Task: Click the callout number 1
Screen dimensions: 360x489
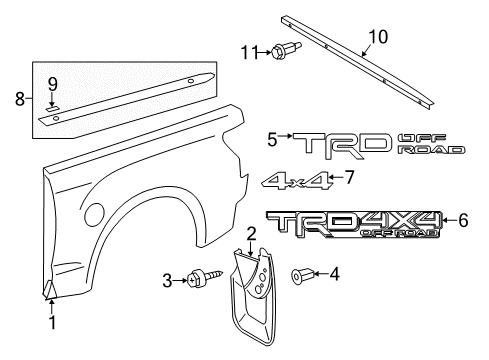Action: [x=53, y=323]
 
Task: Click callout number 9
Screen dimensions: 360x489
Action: [x=53, y=82]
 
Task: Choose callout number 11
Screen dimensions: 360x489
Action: [x=249, y=51]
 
